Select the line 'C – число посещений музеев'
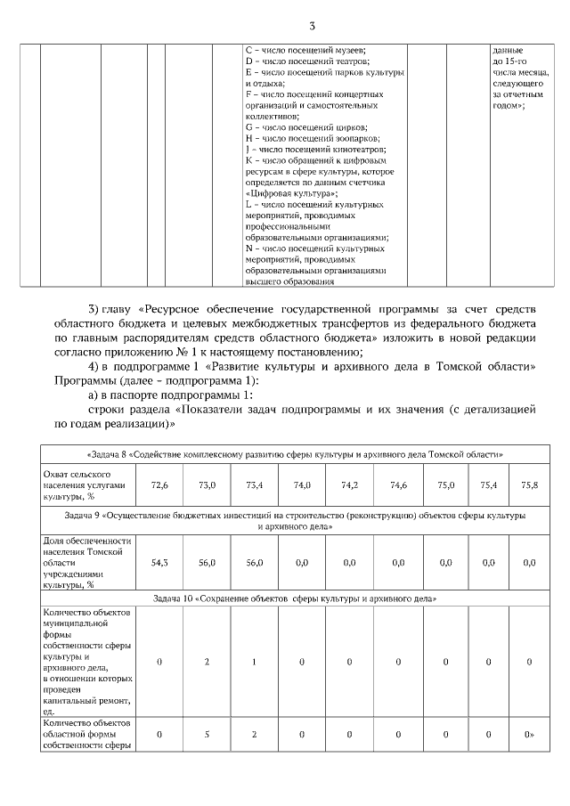[306, 50]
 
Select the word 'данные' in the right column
[508, 50]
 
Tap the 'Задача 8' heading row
[295, 453]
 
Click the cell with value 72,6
[159, 484]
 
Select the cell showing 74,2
[350, 484]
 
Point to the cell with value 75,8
[529, 484]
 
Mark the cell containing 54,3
[159, 562]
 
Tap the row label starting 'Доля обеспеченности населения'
[87, 562]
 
